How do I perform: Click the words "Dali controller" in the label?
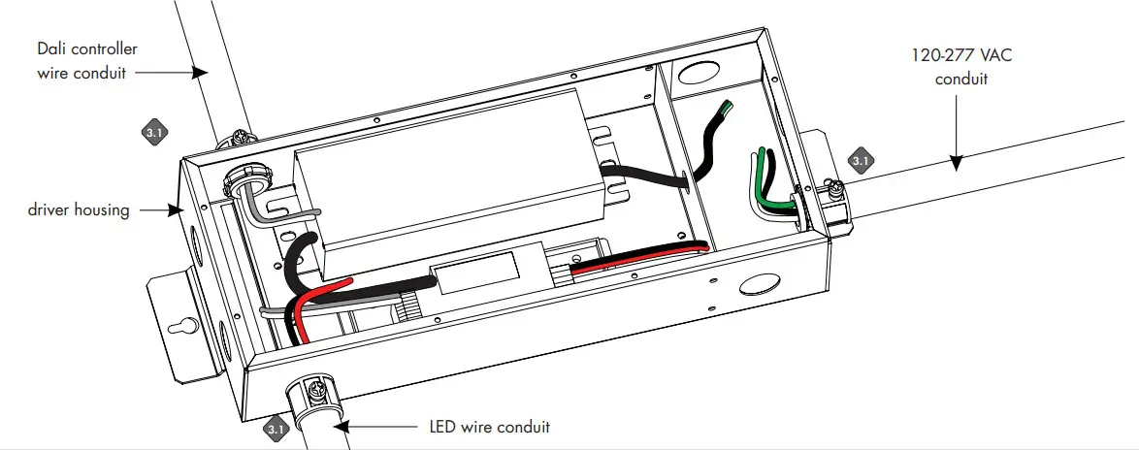point(85,48)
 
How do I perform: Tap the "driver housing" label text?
point(79,209)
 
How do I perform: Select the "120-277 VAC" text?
point(960,56)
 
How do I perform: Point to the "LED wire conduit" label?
point(489,427)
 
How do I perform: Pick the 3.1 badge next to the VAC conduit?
point(860,159)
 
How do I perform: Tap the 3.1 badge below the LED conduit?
point(276,428)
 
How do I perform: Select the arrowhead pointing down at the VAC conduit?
point(955,164)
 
